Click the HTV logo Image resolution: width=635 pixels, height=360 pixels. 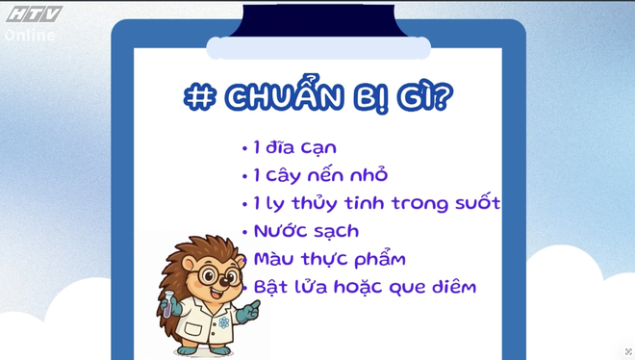click(x=33, y=14)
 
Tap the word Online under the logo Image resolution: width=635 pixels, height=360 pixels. click(x=30, y=36)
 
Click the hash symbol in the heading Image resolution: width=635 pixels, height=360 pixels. click(x=199, y=97)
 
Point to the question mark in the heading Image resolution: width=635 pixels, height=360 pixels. click(x=443, y=97)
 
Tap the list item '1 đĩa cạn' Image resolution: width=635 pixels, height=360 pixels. click(x=294, y=148)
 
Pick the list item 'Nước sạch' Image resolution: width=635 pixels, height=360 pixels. click(x=306, y=231)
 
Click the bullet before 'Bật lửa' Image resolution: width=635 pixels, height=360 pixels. click(x=246, y=288)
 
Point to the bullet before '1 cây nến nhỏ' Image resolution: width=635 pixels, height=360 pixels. click(x=245, y=176)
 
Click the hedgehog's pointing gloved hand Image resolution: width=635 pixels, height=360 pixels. click(x=248, y=310)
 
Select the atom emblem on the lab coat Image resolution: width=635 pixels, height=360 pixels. click(x=222, y=322)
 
